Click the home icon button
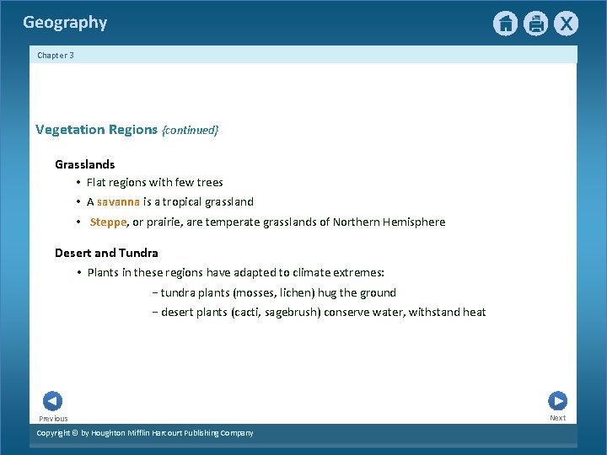[505, 24]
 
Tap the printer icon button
[536, 24]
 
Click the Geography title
[65, 23]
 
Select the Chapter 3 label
[56, 56]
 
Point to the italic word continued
[191, 130]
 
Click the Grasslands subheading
[85, 164]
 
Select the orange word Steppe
[108, 222]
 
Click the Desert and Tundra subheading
[106, 253]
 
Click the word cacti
[244, 313]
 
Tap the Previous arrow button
[52, 401]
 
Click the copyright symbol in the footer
[74, 433]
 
